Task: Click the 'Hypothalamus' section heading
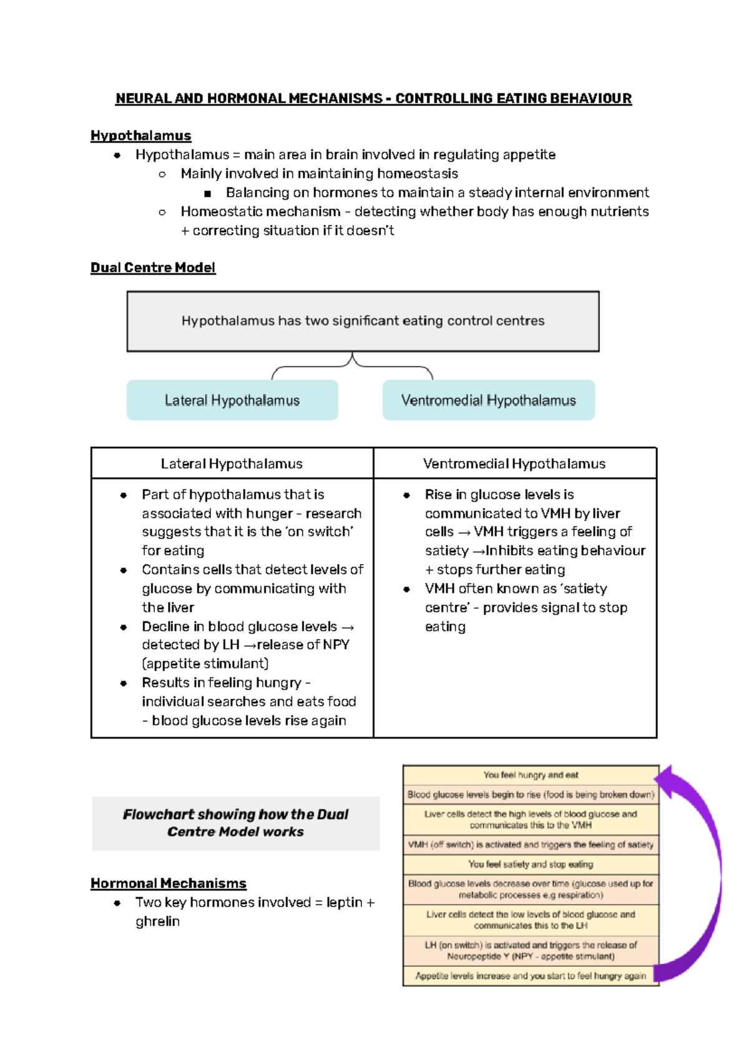(140, 135)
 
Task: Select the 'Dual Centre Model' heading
(153, 268)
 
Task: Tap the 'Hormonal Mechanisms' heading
(169, 884)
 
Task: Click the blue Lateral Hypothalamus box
(232, 401)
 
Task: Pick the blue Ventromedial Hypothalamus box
(488, 401)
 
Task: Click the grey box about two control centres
(363, 321)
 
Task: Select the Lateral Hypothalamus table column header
(232, 464)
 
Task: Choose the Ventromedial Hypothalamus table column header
(514, 464)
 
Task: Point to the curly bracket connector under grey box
(352, 366)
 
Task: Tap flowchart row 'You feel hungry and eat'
(531, 775)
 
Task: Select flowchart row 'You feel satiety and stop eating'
(531, 864)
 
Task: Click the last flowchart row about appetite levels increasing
(531, 976)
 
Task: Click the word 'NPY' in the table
(336, 645)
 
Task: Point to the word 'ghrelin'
(157, 922)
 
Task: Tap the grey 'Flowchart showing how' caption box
(235, 823)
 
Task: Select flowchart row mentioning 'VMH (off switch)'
(531, 845)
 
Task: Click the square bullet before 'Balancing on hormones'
(208, 193)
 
